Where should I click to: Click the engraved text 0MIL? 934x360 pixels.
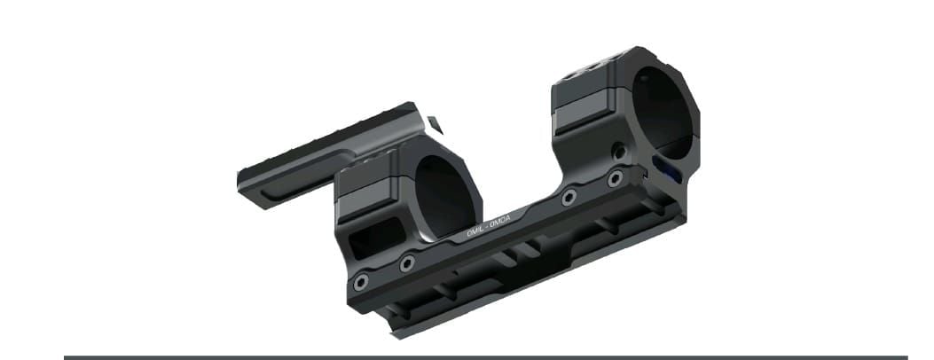(x=476, y=231)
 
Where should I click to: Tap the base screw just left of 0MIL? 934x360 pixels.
(x=407, y=263)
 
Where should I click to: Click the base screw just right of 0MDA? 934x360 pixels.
(x=569, y=197)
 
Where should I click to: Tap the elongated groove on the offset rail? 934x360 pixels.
(x=297, y=176)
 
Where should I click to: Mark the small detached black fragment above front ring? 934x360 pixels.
(x=434, y=124)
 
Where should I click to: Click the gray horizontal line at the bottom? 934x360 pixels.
(x=485, y=357)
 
